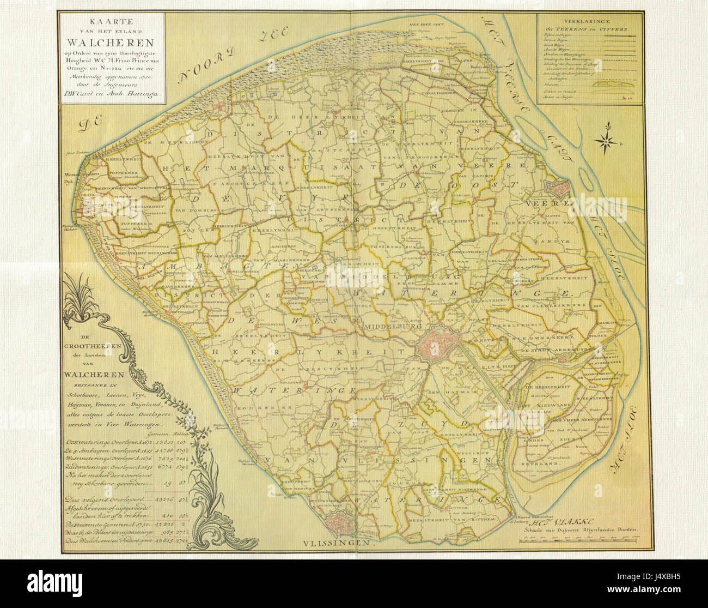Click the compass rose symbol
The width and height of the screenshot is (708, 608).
(x=606, y=141)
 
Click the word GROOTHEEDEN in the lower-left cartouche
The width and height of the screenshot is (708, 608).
(x=93, y=346)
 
